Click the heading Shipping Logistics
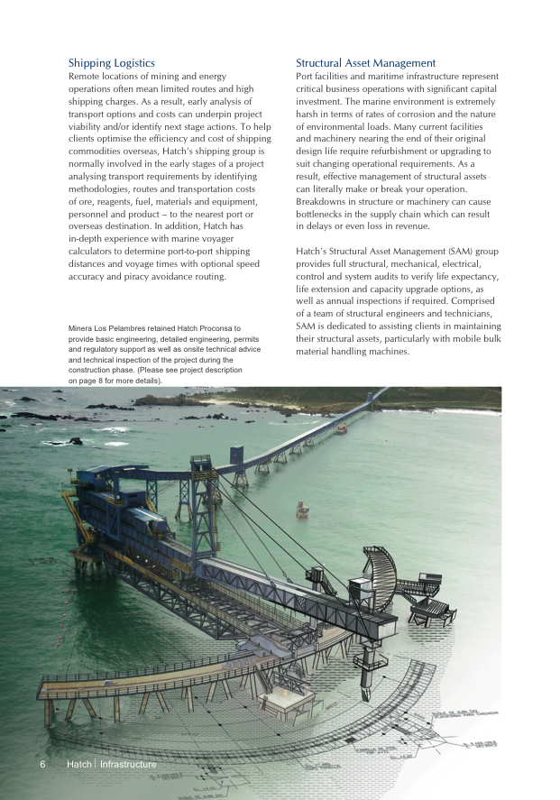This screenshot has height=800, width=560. [111, 63]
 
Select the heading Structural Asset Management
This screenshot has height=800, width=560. [365, 63]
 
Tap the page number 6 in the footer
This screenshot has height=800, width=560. [42, 765]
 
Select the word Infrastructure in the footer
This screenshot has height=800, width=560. [128, 765]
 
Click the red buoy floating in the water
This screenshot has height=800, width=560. [301, 511]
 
